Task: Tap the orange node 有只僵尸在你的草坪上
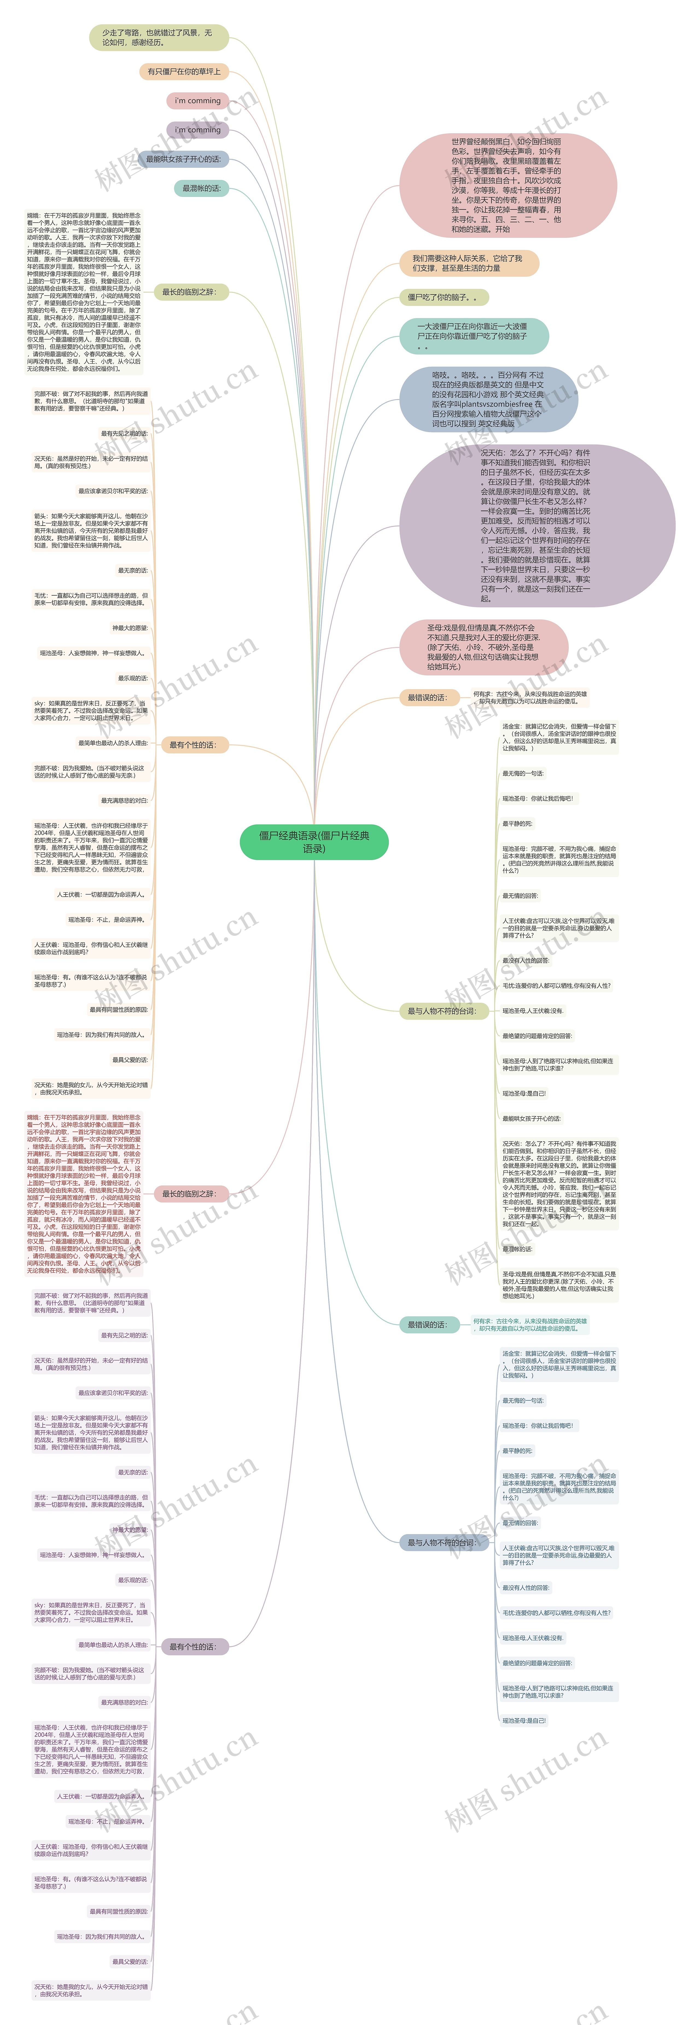coord(184,72)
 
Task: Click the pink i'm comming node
coord(197,101)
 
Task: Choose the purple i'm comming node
coord(197,130)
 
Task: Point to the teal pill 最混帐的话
coord(201,189)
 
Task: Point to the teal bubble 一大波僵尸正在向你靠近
coord(473,336)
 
